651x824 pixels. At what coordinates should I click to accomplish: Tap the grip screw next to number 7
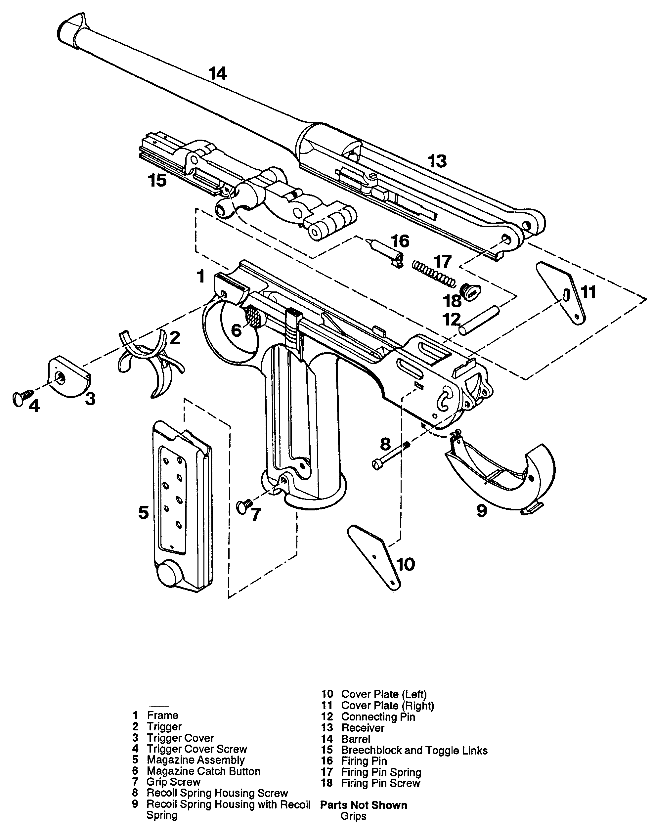coord(244,506)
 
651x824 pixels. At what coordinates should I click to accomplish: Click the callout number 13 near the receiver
coord(437,161)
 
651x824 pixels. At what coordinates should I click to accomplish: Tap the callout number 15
coord(157,180)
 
